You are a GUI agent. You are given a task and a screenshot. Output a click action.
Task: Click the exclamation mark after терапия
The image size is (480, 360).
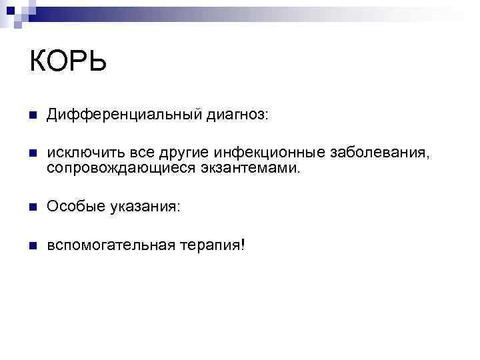[243, 246]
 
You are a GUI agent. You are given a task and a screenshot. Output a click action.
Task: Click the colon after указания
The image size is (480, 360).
[177, 209]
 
